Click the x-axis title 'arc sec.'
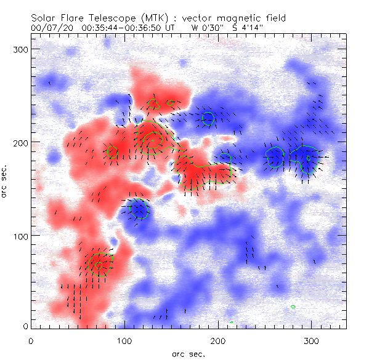188,354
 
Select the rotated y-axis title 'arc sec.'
6,182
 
